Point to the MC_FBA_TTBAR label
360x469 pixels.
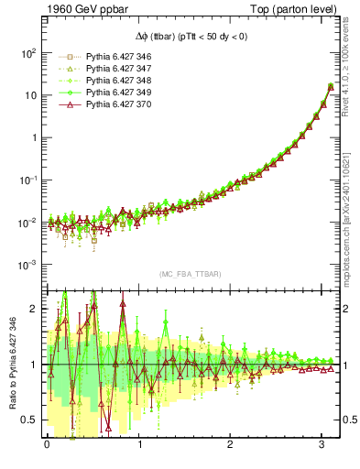pos(191,275)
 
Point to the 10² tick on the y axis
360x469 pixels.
pos(27,53)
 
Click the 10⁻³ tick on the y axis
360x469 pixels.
pos(27,265)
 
